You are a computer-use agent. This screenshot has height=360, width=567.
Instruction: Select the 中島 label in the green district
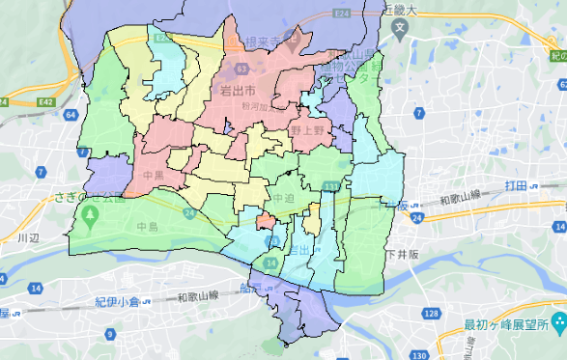147,228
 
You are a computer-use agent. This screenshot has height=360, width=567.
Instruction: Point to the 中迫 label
283,198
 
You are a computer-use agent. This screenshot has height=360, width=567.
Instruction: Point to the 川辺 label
27,236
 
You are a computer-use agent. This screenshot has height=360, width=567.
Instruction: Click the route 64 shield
71,115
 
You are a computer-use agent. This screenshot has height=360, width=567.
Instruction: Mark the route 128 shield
431,315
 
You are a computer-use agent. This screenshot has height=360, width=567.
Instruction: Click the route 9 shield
109,335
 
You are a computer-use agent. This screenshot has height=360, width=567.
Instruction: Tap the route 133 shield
331,185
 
